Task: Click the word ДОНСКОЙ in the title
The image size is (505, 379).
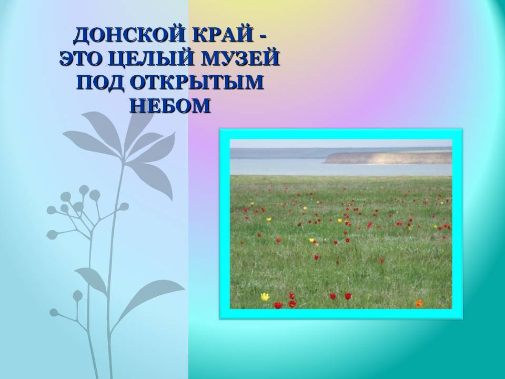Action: tap(128, 35)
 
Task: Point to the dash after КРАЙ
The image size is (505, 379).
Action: tap(262, 37)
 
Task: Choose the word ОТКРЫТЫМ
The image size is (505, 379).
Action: tap(197, 82)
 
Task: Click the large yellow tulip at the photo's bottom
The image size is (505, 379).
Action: tap(265, 296)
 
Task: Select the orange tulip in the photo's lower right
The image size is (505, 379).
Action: tap(419, 303)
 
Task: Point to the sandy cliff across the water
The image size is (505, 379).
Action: tap(388, 157)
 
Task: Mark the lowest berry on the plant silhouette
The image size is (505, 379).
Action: tap(54, 312)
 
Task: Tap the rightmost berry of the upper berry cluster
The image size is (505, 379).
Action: tap(124, 206)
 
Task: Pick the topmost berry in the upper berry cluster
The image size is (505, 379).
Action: tap(84, 190)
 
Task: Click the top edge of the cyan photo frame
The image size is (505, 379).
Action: tap(341, 134)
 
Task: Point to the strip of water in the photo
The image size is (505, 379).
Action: tap(341, 167)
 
